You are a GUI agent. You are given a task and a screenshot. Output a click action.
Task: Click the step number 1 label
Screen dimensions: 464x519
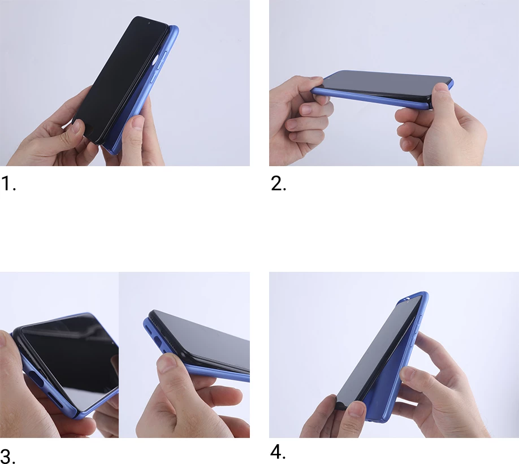click(x=8, y=184)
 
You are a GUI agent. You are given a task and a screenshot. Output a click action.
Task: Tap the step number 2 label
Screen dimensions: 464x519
click(x=278, y=184)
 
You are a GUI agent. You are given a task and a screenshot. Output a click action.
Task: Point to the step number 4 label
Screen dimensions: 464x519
click(x=278, y=452)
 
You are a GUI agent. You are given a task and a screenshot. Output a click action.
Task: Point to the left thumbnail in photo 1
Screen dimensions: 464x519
click(x=76, y=128)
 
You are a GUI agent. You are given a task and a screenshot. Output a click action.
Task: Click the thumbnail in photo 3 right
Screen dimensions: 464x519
click(x=167, y=362)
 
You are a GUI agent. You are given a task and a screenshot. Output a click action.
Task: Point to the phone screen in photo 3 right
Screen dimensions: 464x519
click(x=204, y=339)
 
